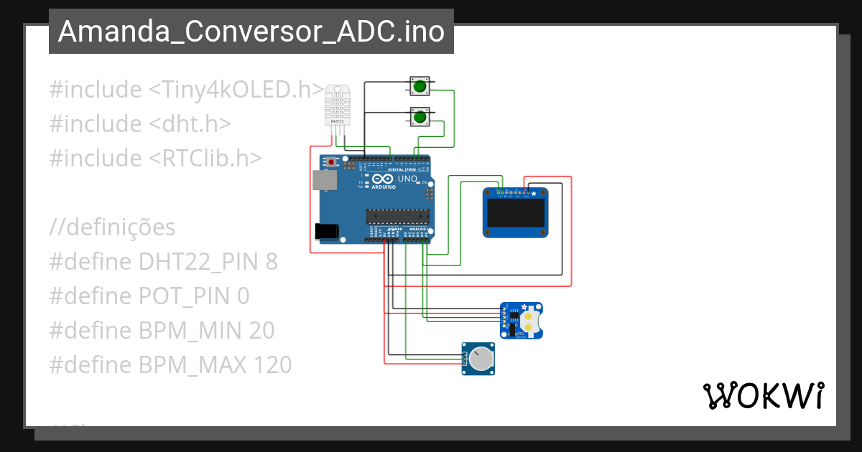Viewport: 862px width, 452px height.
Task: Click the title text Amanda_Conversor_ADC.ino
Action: point(251,32)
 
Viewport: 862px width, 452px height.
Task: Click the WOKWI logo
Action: point(763,395)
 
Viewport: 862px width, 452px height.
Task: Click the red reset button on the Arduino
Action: point(331,163)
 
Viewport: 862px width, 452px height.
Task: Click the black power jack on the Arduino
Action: point(327,231)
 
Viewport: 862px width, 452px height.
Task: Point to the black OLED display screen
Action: point(514,213)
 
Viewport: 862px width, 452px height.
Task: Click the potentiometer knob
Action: point(481,358)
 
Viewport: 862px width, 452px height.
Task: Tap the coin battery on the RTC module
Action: point(529,320)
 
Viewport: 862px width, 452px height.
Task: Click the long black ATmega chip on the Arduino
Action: point(397,215)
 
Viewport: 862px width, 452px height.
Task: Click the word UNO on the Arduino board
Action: point(407,178)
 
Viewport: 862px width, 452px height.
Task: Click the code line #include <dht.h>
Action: point(140,123)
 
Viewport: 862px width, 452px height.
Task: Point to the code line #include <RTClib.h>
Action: point(156,158)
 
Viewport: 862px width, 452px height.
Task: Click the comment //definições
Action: point(112,227)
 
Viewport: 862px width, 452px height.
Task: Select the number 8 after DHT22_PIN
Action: point(271,262)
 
